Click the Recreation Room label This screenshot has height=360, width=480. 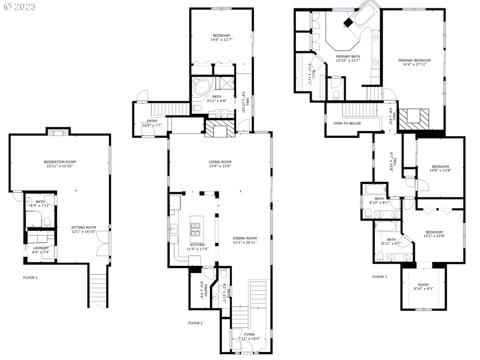[60, 162]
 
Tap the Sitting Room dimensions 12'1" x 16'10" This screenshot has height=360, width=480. [84, 231]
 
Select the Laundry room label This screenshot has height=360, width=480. [41, 248]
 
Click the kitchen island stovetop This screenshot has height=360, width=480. [195, 229]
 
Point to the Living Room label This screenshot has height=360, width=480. [220, 162]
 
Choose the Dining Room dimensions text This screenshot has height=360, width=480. [245, 242]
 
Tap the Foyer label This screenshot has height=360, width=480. [249, 334]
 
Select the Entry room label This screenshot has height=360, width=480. [152, 121]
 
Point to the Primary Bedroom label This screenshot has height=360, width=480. [415, 60]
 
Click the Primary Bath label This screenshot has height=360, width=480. [348, 56]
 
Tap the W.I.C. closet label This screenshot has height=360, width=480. [313, 75]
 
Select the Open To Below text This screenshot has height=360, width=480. [347, 123]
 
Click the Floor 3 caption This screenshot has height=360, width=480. [379, 276]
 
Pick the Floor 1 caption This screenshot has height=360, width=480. [30, 278]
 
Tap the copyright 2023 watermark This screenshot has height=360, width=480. [20, 7]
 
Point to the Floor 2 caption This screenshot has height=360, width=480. [195, 323]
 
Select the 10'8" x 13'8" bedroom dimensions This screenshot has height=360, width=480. [440, 170]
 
